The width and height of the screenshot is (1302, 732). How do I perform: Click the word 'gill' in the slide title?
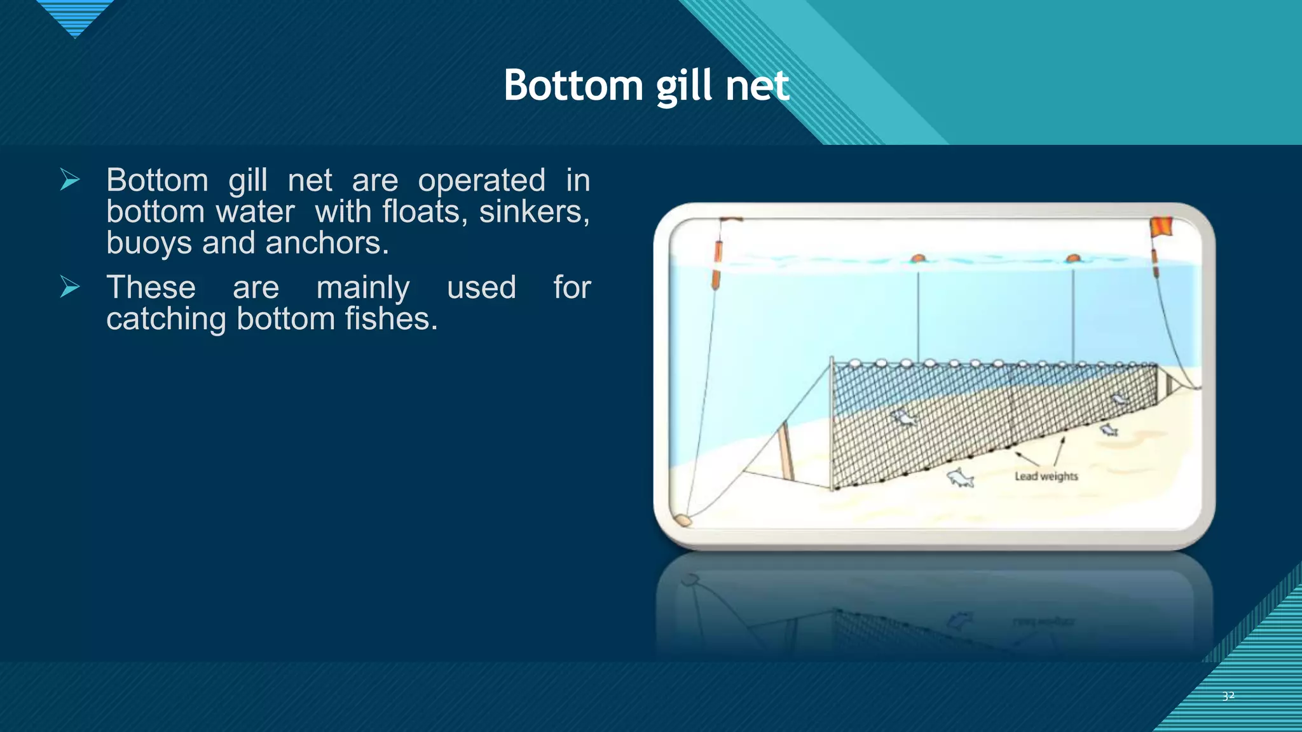pyautogui.click(x=685, y=86)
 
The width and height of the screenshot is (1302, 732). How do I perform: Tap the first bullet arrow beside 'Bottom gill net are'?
pyautogui.click(x=70, y=180)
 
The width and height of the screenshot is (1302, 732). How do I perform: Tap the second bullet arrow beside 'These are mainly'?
pyautogui.click(x=70, y=287)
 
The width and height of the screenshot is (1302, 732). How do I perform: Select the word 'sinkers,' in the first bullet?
pyautogui.click(x=534, y=212)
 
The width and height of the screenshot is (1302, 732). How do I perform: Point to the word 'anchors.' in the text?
pyautogui.click(x=327, y=243)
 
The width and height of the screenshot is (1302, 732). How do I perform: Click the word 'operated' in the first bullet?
pyautogui.click(x=481, y=180)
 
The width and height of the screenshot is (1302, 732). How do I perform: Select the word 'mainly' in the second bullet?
pyautogui.click(x=363, y=288)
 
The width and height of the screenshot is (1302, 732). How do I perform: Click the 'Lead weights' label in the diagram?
pyautogui.click(x=1046, y=476)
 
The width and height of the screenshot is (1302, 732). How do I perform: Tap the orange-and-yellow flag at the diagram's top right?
pyautogui.click(x=1161, y=227)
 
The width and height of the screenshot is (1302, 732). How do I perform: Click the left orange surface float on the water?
pyautogui.click(x=917, y=259)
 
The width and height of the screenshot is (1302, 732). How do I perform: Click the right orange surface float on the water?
pyautogui.click(x=1073, y=259)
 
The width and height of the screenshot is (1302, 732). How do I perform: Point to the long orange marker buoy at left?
pyautogui.click(x=717, y=264)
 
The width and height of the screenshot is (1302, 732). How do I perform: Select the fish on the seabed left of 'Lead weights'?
pyautogui.click(x=960, y=478)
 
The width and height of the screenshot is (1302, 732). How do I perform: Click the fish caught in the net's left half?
pyautogui.click(x=904, y=417)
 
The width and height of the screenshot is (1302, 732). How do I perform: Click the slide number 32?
pyautogui.click(x=1228, y=696)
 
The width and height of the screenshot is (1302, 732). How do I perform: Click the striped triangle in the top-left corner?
pyautogui.click(x=75, y=16)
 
